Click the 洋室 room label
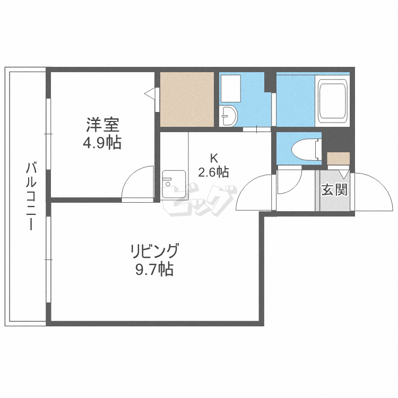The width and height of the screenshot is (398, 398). coord(103,126)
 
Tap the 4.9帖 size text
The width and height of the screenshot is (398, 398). coord(103,142)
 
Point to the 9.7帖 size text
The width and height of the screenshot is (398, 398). coord(154,270)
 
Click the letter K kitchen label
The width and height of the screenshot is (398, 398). coord(214,158)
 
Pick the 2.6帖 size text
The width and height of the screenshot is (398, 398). coord(214,172)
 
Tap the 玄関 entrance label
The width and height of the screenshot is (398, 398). coord(334,189)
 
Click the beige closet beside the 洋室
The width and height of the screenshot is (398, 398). coord(187,99)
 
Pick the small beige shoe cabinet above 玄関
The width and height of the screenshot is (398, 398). coord(338,159)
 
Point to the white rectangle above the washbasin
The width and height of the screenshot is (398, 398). coord(230,88)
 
